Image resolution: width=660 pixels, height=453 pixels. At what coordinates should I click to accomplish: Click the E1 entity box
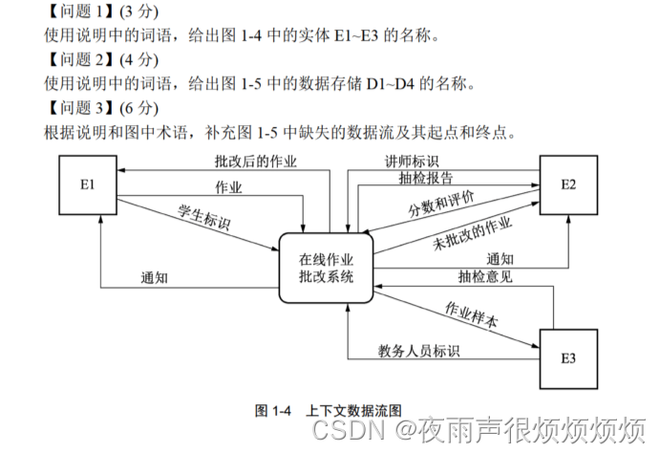point(87,183)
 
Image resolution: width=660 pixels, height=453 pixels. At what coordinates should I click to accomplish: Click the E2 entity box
point(567,183)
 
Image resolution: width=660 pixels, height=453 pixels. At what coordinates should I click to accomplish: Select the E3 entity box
point(567,358)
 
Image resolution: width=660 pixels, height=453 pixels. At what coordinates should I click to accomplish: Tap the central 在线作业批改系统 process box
point(326,269)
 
